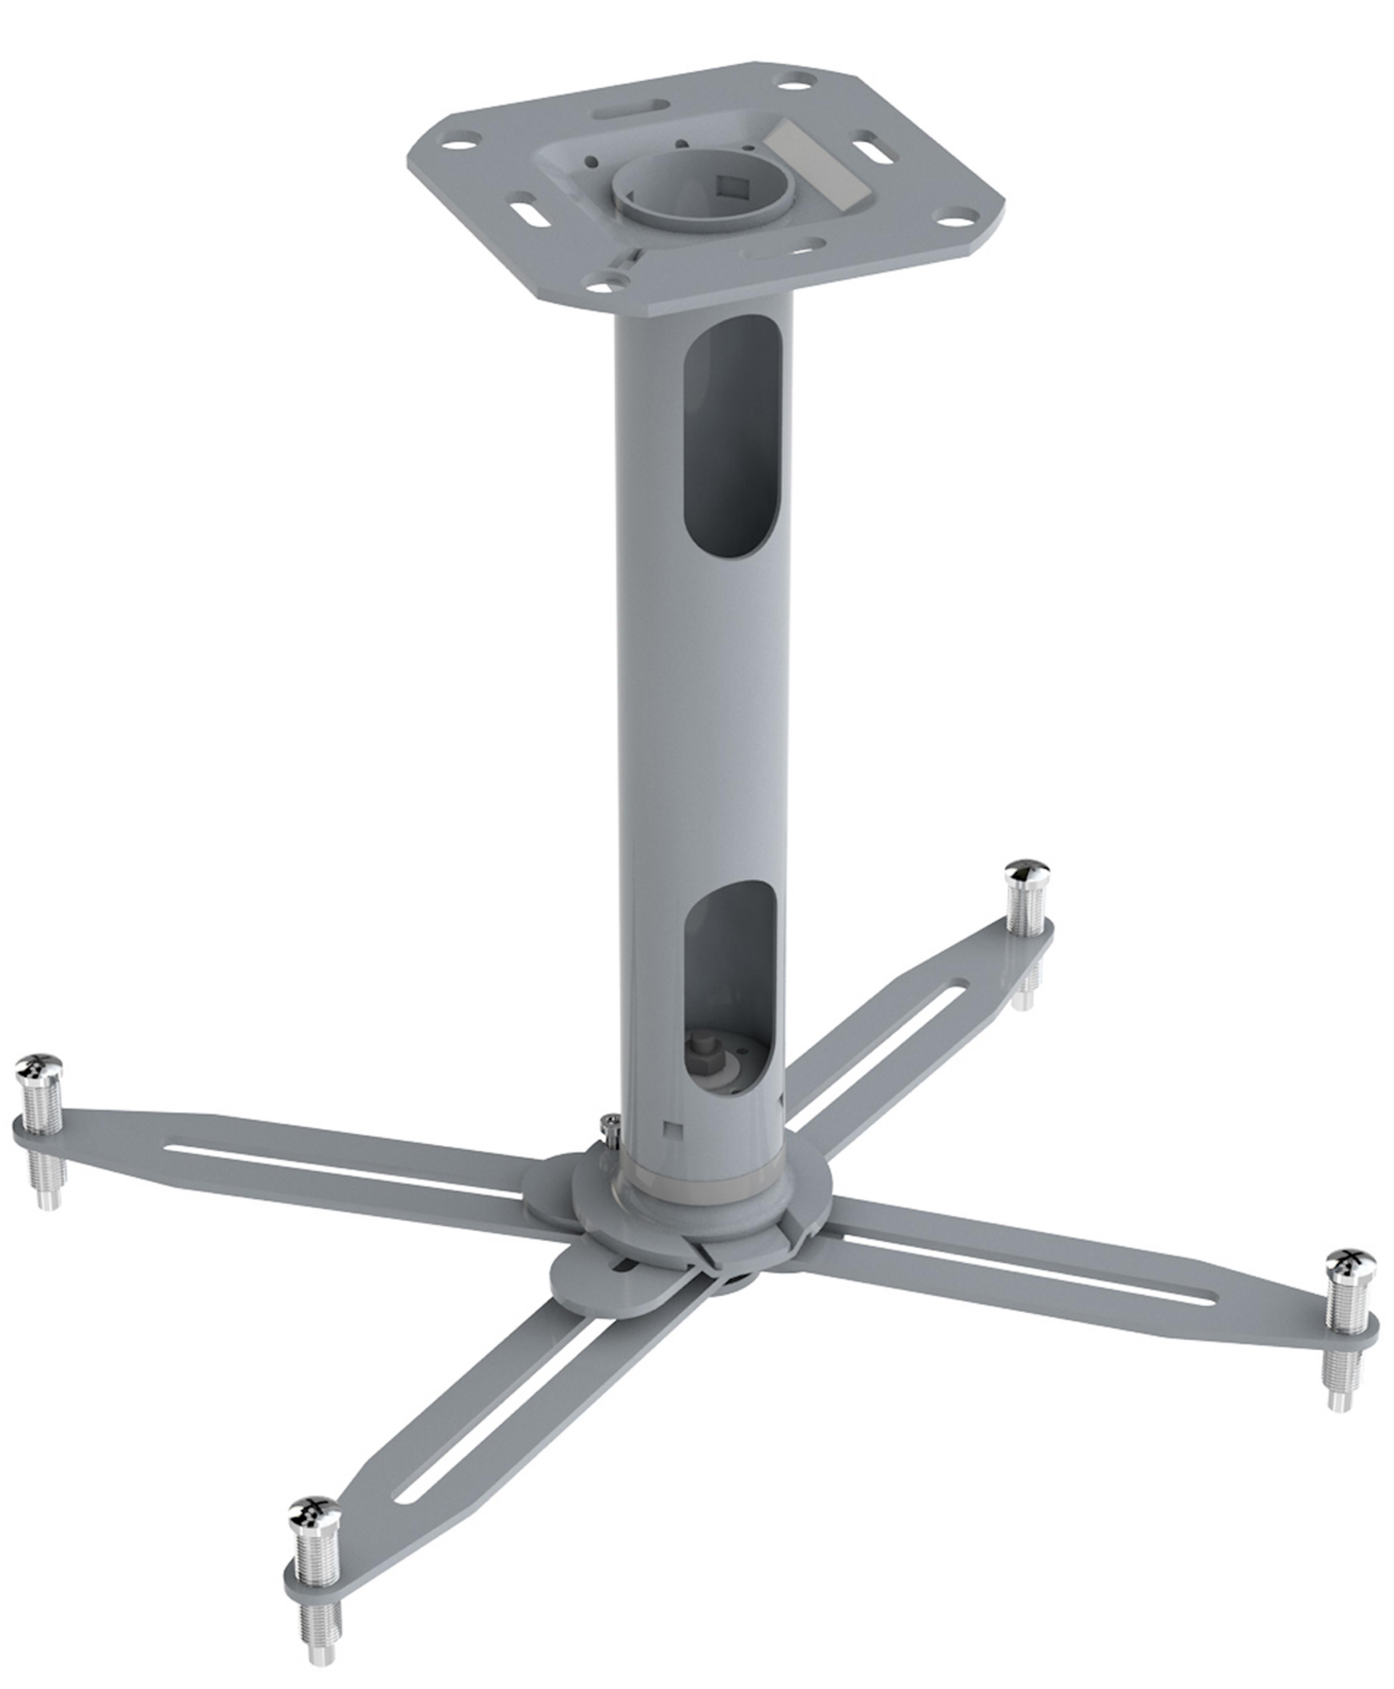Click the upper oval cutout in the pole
tap(731, 433)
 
